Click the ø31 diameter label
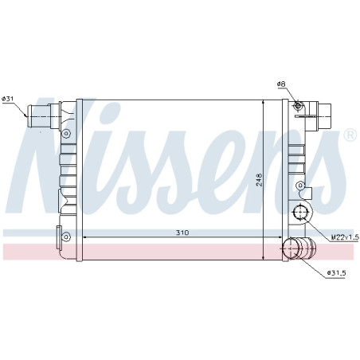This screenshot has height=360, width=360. pos(8,99)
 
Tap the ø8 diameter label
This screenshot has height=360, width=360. pos(281,84)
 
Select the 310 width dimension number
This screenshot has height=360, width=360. pos(182,233)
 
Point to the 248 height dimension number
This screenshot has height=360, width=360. pos(259,180)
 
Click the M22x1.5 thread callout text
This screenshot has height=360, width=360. pos(345,237)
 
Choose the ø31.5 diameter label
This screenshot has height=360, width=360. pos(336,272)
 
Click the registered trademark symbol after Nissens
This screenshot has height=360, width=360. pos(350,135)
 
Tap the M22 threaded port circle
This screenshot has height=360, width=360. pos(300,212)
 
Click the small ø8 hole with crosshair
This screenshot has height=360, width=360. pos(298,106)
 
